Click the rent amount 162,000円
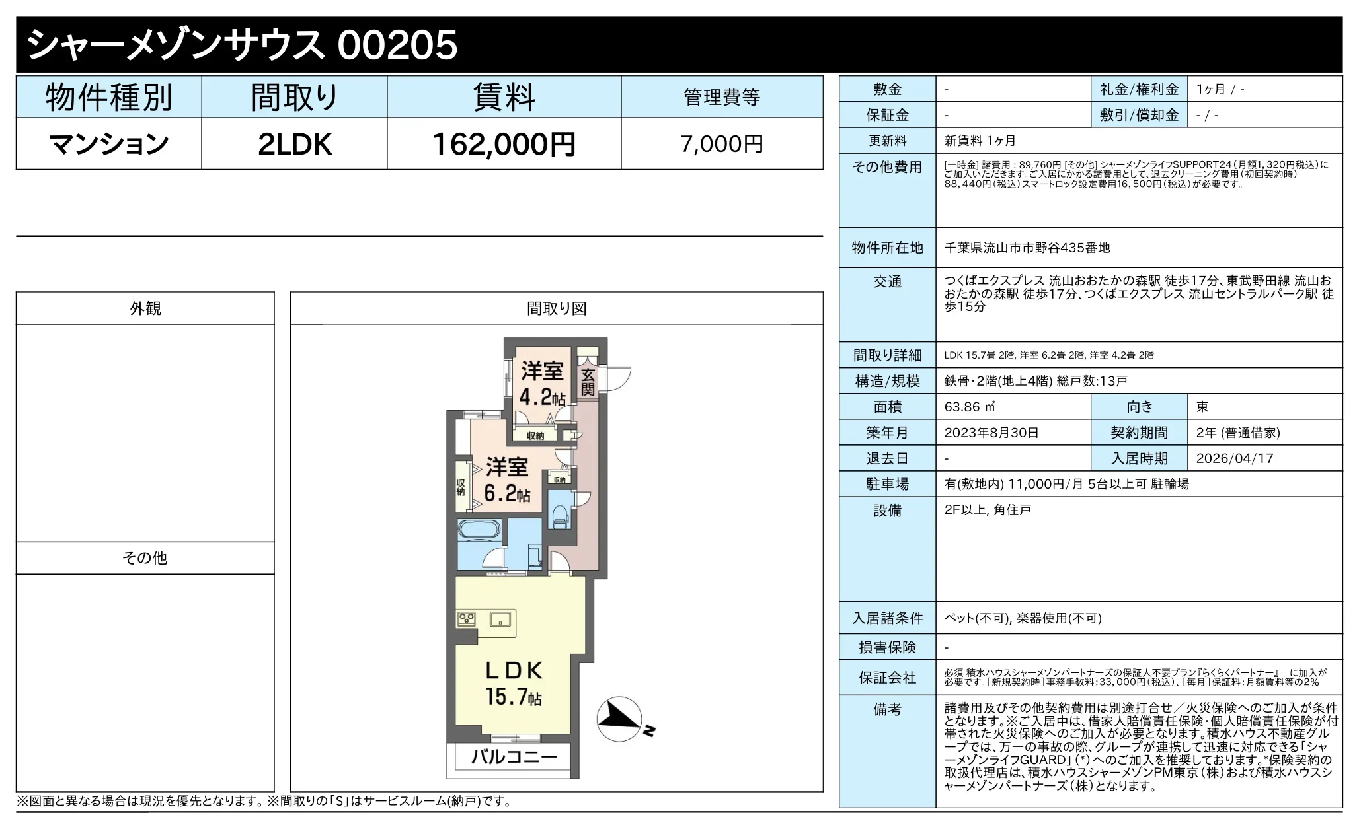[504, 144]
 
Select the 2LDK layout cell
[294, 144]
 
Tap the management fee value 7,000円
[721, 144]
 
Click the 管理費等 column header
[721, 97]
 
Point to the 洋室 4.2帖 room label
[542, 384]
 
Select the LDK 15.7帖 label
[514, 684]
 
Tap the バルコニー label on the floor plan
[514, 756]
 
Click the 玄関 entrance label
[588, 382]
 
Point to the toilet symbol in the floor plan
[560, 516]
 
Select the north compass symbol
[619, 719]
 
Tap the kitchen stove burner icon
[467, 619]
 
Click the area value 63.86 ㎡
[970, 407]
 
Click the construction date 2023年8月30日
[991, 433]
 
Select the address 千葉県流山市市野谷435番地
[1027, 248]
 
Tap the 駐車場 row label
[887, 484]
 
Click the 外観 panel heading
[145, 308]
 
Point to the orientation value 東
[1202, 407]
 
